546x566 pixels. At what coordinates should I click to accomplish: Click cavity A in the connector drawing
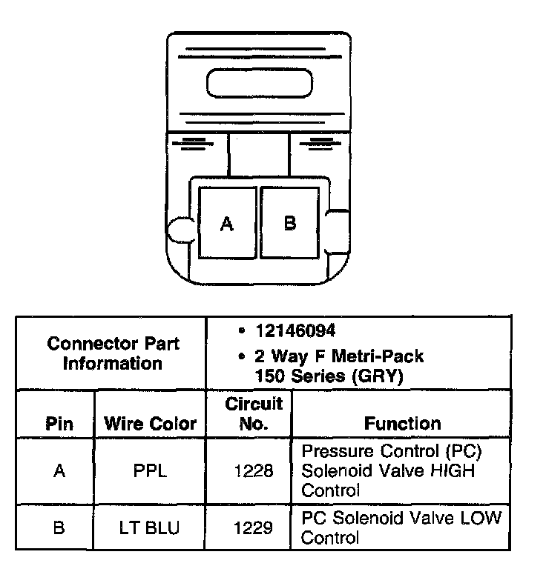(x=227, y=222)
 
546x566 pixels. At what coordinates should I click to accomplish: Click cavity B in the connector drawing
(x=290, y=222)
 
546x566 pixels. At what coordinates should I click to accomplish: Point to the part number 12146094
(x=289, y=330)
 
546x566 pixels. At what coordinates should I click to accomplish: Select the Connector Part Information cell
(x=112, y=353)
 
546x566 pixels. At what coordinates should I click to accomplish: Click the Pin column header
(x=59, y=424)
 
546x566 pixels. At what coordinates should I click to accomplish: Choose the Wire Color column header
(x=150, y=424)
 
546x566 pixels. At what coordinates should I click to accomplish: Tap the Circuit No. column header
(x=254, y=413)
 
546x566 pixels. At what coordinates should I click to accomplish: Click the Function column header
(x=402, y=423)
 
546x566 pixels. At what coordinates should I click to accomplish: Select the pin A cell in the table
(x=59, y=471)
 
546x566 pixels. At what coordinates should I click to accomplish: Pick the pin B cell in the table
(x=59, y=527)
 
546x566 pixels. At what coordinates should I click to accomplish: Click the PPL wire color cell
(x=150, y=471)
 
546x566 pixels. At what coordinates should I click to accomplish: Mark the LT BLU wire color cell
(x=150, y=527)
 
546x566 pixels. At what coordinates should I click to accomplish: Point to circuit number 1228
(x=254, y=471)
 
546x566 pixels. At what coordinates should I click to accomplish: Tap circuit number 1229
(x=254, y=527)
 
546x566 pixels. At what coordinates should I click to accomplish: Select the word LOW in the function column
(x=481, y=517)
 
